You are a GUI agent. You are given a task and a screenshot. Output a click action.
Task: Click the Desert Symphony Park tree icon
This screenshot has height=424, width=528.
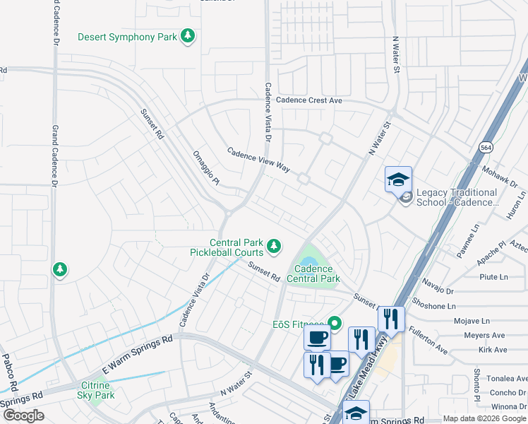coord(187,36)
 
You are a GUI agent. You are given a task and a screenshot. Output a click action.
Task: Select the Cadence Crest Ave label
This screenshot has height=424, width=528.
coord(308,100)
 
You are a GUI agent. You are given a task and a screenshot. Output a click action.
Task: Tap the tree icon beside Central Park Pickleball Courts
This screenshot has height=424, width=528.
coord(274,247)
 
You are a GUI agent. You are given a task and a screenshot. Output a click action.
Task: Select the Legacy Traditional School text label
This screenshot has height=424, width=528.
coord(457,197)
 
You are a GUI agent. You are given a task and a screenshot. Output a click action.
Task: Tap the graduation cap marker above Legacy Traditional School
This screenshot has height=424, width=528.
coord(398,179)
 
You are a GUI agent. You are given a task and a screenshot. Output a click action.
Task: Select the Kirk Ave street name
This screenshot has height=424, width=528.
coord(492,350)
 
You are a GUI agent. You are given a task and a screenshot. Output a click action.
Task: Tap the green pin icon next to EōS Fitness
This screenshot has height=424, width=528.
coord(335,324)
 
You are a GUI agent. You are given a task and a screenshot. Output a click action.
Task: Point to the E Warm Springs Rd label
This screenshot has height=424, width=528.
coord(138,355)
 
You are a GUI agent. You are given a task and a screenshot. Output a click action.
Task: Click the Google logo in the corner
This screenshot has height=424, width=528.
coord(23,416)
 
